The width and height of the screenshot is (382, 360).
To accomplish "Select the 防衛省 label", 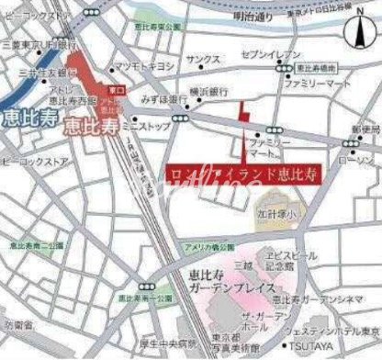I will pyautogui.click(x=16, y=325).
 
